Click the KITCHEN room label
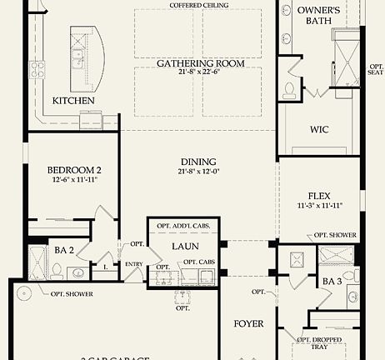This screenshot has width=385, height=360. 73,101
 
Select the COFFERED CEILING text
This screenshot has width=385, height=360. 197,5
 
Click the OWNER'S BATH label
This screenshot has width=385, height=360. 318,16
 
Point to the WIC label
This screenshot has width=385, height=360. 319,129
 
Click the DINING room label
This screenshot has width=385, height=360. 197,162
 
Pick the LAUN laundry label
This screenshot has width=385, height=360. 184,247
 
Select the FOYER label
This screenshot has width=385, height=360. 248,323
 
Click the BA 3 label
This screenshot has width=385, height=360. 332,282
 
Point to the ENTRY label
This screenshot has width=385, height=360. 134,264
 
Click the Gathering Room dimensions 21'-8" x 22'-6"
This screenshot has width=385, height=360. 197,73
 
